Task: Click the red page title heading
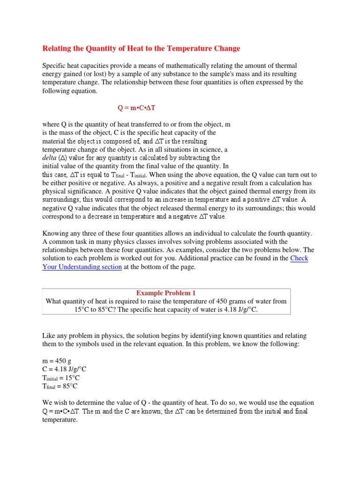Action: pyautogui.click(x=141, y=48)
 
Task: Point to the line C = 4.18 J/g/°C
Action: pyautogui.click(x=65, y=369)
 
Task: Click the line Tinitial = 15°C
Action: pyautogui.click(x=61, y=378)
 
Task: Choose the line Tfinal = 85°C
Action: pyautogui.click(x=60, y=387)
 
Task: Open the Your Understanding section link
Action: pyautogui.click(x=82, y=267)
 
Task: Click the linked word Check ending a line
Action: pyautogui.click(x=299, y=258)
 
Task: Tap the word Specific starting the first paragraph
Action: pyautogui.click(x=55, y=66)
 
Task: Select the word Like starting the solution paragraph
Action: pyautogui.click(x=49, y=336)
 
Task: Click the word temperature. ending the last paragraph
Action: pyautogui.click(x=60, y=420)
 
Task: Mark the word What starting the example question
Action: pyautogui.click(x=54, y=301)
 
